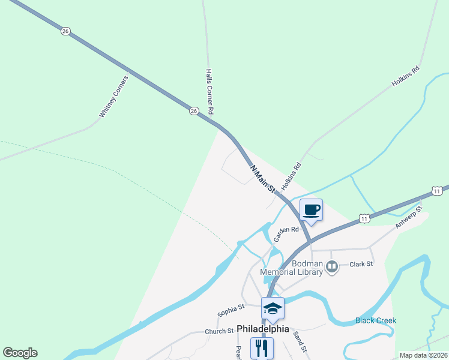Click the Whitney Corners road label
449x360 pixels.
coord(113,96)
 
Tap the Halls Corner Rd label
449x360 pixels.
coord(209,91)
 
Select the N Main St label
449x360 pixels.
coord(262,178)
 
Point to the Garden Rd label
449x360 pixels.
coord(286,233)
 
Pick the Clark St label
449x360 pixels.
coord(361,263)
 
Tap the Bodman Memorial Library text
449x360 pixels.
coord(291,268)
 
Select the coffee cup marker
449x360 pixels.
coord(311,210)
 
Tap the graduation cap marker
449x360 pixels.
coord(273,308)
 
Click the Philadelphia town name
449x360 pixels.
coord(263,329)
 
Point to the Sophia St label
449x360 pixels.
coord(231,310)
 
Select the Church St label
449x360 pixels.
coord(218,331)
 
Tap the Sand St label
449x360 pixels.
coord(300,343)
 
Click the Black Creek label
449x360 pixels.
coord(376,320)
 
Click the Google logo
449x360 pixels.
coord(20,353)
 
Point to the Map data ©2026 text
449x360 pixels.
coord(423,355)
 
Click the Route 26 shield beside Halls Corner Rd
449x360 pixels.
coord(193,110)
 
